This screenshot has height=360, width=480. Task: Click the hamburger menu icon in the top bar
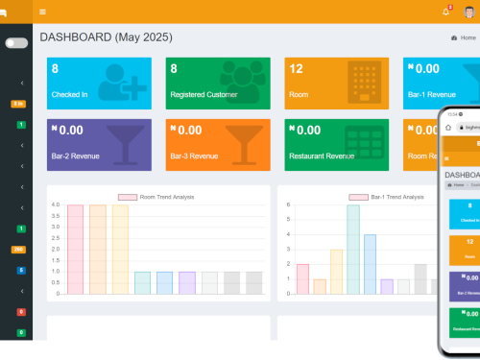42,12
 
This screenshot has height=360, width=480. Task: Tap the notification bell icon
445,12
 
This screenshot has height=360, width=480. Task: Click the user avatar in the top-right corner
468,12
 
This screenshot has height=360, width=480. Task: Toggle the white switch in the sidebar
16,43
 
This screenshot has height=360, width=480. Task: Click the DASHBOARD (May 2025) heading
106,36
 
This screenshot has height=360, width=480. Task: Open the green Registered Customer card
220,83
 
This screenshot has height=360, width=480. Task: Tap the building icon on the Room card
365,81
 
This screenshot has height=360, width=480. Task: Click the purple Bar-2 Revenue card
99,144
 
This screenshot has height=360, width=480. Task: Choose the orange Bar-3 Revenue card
220,144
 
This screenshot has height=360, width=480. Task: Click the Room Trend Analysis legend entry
157,197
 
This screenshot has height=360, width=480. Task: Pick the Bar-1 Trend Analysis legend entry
385,197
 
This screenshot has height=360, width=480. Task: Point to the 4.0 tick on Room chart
57,205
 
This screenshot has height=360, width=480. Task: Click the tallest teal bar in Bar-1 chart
353,249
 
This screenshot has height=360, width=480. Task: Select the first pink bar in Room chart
75,249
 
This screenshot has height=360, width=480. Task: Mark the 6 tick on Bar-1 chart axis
289,205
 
